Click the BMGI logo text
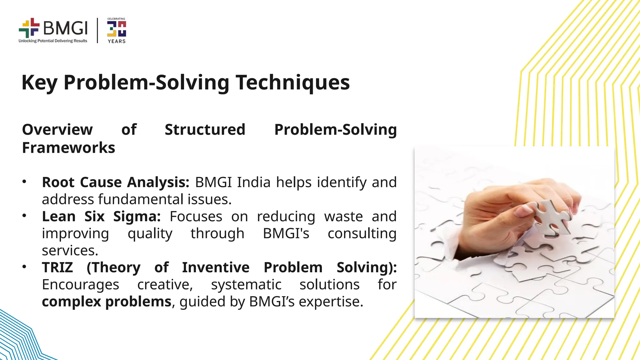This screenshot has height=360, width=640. coord(65,28)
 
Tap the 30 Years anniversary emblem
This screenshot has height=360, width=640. coord(116,30)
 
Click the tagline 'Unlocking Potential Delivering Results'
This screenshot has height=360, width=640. coord(53,41)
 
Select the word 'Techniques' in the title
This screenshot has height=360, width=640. coord(292,82)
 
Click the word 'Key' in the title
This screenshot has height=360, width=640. coord(39,82)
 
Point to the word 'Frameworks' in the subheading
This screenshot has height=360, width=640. coord(68,147)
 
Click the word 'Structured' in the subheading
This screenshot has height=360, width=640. coord(205,129)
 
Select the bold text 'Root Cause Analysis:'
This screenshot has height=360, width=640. coord(116,182)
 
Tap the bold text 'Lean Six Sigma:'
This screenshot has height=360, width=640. coord(101,216)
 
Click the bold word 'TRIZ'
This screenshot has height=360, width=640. coord(57,267)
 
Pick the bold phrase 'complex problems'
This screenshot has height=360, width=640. coord(107,302)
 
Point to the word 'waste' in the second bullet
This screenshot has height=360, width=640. coord(343,216)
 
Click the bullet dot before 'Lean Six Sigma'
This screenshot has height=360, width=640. coord(24,215)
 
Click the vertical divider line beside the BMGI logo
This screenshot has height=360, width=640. coord(97,30)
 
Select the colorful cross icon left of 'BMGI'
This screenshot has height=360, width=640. coord(29,28)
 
